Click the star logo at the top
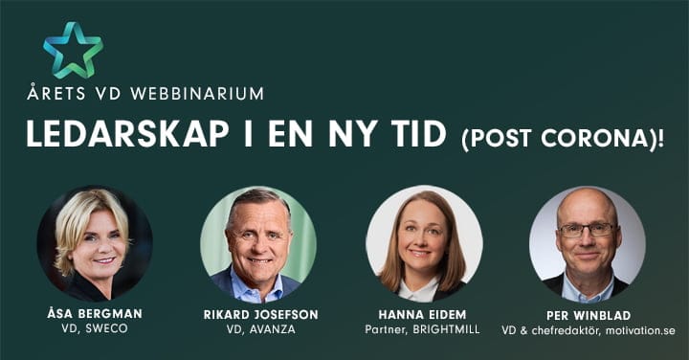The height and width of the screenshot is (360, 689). [73, 50]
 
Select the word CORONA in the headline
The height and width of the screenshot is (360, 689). [592, 137]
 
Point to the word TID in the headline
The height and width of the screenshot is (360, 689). [416, 134]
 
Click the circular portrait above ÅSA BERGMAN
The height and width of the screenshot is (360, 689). [94, 243]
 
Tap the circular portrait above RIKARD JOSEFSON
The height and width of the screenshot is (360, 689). [258, 243]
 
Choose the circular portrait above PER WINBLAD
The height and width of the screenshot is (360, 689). [588, 243]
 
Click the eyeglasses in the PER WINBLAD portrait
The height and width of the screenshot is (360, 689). [587, 230]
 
